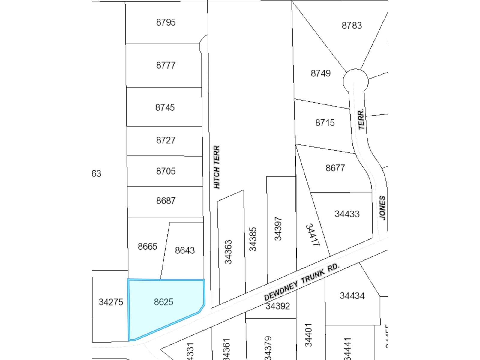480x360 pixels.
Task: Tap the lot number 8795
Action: point(166,22)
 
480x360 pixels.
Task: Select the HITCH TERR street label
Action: point(217,167)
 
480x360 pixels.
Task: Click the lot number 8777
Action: point(166,65)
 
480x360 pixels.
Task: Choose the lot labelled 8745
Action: point(165,107)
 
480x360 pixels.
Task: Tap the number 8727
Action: point(166,140)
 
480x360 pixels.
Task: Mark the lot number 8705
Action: point(166,171)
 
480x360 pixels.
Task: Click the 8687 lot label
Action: point(166,200)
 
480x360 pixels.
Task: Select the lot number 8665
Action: point(147,246)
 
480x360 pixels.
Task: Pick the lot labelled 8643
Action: point(185,250)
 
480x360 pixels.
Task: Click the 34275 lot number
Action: point(111,302)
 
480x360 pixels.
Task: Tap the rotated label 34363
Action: point(228,252)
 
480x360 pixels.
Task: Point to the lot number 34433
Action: point(347,214)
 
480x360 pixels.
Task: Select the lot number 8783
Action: point(352,25)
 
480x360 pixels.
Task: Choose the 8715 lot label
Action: point(325,123)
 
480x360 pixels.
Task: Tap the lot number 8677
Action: point(335,168)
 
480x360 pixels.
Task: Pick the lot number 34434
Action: point(352,296)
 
